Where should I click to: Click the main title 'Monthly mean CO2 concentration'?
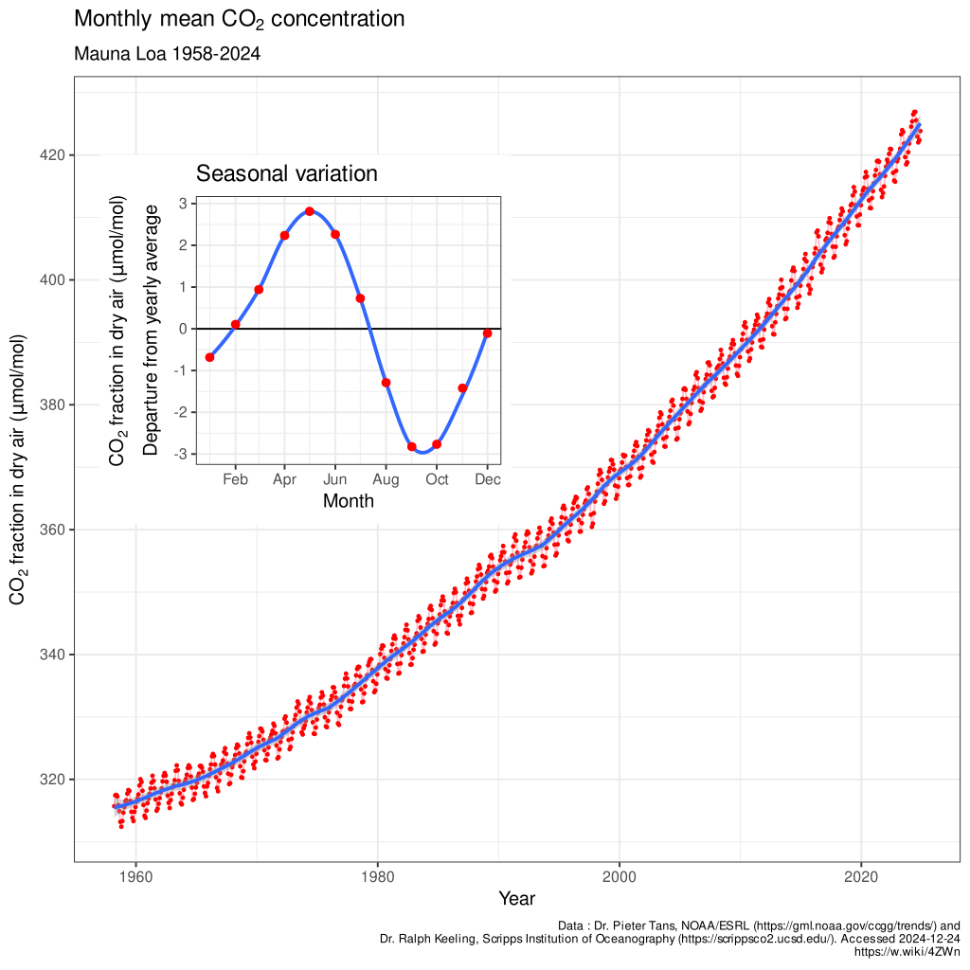[x=239, y=20]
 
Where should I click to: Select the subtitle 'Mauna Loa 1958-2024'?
[x=167, y=54]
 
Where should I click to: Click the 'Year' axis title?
[x=517, y=898]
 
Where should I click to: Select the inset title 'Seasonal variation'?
[x=286, y=173]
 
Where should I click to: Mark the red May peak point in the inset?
[x=310, y=211]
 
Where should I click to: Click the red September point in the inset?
[x=412, y=446]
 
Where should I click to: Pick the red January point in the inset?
[x=209, y=357]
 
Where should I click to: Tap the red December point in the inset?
[x=487, y=333]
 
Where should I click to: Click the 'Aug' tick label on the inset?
[x=386, y=479]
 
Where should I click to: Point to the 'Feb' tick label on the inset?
[x=235, y=479]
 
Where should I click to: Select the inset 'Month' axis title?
[x=348, y=501]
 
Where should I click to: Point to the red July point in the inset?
[x=360, y=298]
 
